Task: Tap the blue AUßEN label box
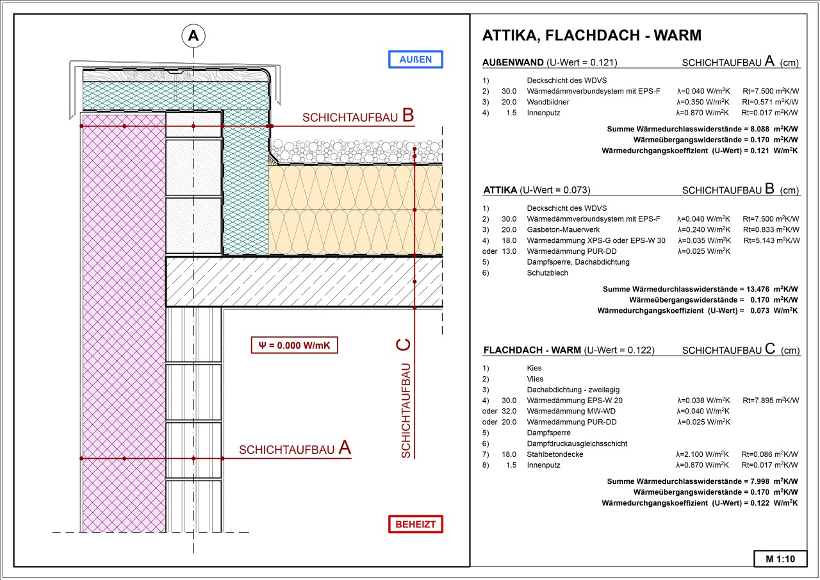point(415,60)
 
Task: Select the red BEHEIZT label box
point(415,524)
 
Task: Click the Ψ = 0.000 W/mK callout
point(294,345)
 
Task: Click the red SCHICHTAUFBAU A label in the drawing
point(295,449)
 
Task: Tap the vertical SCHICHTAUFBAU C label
point(404,398)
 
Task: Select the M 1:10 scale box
point(780,559)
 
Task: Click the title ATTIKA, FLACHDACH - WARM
point(591,35)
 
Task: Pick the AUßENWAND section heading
point(513,63)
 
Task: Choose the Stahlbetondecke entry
point(555,454)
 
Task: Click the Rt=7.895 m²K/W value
point(771,401)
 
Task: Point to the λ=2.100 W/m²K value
point(704,454)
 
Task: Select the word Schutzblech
point(547,273)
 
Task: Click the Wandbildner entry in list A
point(548,102)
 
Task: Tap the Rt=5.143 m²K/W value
point(771,240)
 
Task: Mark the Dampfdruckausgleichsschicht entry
point(577,443)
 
